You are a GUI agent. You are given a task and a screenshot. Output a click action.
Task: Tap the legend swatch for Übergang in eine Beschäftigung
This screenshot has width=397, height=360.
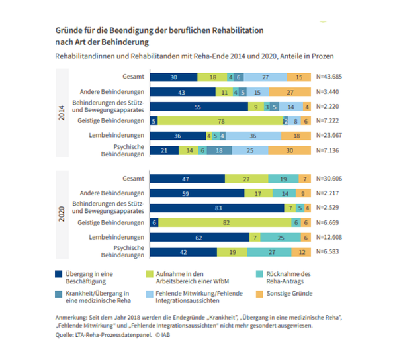click(58, 271)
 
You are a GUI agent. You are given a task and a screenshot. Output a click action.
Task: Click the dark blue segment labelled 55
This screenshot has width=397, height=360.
click(198, 106)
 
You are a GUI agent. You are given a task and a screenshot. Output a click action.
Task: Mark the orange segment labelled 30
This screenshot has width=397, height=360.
click(288, 151)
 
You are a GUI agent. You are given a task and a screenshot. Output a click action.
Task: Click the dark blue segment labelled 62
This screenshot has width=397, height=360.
click(199, 238)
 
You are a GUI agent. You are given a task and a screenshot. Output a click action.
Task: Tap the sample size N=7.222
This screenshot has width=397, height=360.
click(329, 121)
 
